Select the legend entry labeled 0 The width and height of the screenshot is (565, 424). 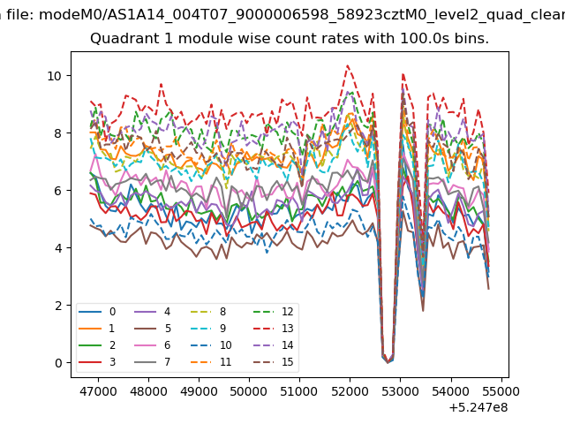click(97, 312)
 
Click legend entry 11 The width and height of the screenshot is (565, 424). click(211, 362)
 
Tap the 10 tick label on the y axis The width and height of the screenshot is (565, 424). click(55, 76)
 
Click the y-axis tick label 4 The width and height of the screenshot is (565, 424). click(58, 248)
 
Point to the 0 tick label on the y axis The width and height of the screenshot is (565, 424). click(58, 363)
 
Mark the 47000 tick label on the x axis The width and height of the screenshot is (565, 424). click(98, 391)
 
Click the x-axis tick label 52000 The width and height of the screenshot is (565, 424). click(350, 391)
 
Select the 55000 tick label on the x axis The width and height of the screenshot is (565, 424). click(501, 391)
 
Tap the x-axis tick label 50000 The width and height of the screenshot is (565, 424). click(249, 391)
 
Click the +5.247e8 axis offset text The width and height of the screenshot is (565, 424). click(478, 408)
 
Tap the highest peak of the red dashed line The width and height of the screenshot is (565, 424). click(347, 65)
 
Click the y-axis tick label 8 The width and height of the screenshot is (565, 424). click(58, 133)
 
